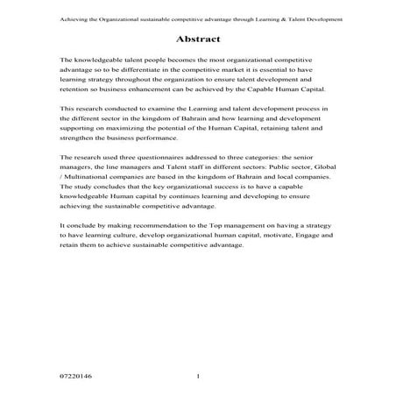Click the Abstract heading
197,39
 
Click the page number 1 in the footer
198,376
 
